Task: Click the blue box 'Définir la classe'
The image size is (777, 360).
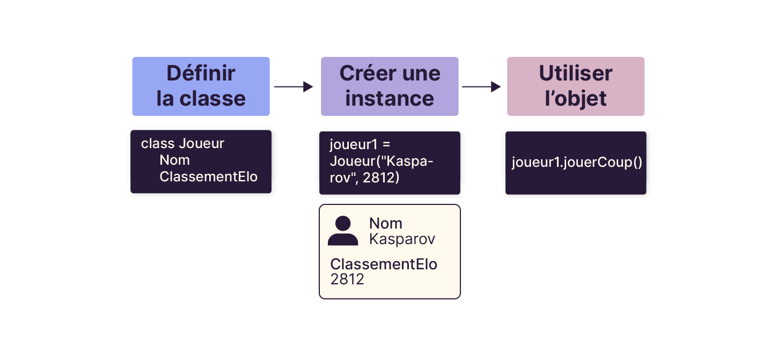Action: click(201, 86)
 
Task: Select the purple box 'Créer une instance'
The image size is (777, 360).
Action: click(390, 86)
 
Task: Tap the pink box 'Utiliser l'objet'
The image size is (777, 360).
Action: click(575, 86)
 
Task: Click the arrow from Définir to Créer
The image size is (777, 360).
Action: click(294, 86)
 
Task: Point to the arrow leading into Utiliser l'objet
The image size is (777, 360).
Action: click(481, 86)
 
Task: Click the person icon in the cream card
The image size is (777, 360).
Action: click(343, 231)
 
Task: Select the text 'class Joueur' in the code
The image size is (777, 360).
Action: click(182, 144)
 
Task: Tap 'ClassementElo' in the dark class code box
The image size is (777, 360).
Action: click(208, 177)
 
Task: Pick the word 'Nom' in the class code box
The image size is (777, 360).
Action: click(174, 160)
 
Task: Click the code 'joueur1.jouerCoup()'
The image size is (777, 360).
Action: click(576, 163)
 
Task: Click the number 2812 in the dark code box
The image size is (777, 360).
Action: click(381, 178)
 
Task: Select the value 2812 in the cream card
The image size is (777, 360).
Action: click(347, 279)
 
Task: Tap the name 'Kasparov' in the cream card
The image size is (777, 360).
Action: click(402, 239)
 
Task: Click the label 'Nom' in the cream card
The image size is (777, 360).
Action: click(385, 223)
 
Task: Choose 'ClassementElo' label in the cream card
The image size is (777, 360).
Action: click(384, 265)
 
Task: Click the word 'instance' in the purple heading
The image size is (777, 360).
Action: click(390, 99)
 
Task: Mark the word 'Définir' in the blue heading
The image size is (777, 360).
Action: click(201, 74)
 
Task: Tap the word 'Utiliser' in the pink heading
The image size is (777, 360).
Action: click(575, 74)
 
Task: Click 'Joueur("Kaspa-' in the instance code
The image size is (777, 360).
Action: click(382, 161)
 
